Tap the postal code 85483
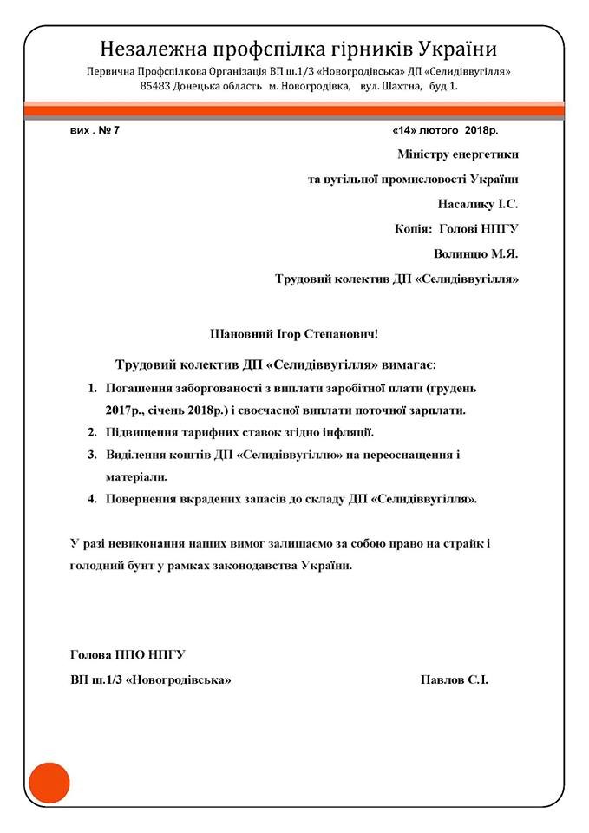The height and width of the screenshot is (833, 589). pos(160,86)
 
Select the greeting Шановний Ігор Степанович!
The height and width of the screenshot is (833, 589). pos(295,333)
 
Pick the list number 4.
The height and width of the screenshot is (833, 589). pos(93,500)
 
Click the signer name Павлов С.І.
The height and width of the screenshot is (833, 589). pos(454,679)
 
